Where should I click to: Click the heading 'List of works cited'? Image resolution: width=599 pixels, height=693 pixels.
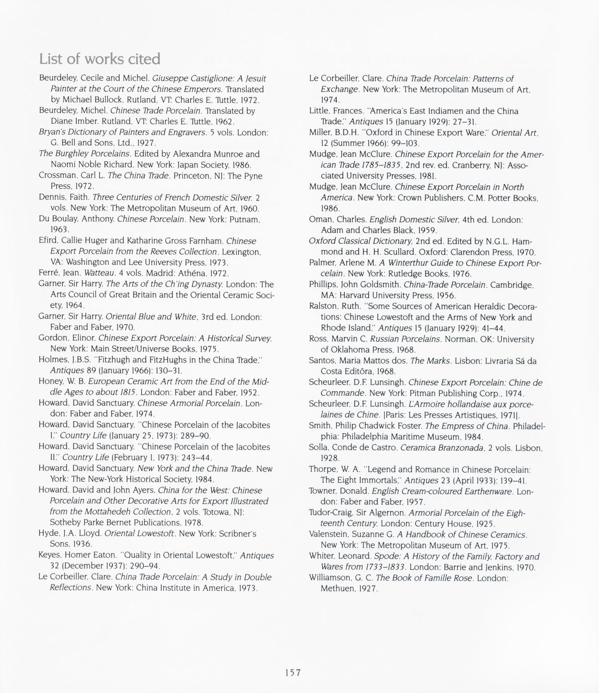click(99, 59)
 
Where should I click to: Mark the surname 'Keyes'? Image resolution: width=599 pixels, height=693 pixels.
click(50, 555)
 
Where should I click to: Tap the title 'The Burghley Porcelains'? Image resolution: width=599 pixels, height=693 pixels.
click(85, 154)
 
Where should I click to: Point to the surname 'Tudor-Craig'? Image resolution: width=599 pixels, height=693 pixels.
click(332, 513)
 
